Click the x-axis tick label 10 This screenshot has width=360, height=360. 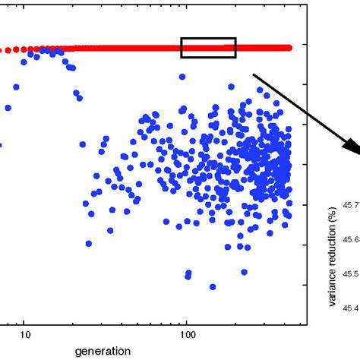24,334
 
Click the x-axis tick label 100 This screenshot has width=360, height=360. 187,334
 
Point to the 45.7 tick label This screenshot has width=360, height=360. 350,204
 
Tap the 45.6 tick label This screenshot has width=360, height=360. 350,239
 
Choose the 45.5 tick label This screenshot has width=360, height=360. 350,273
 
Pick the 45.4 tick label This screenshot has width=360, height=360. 350,308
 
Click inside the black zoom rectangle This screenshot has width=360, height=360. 208,48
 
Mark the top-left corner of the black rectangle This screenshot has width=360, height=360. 181,38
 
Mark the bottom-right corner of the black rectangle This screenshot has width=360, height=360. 235,57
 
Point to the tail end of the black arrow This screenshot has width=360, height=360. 254,74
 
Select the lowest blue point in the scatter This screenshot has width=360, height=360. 213,287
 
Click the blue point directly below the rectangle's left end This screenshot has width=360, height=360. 182,77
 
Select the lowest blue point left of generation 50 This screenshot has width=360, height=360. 89,244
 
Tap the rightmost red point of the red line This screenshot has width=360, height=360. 289,47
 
